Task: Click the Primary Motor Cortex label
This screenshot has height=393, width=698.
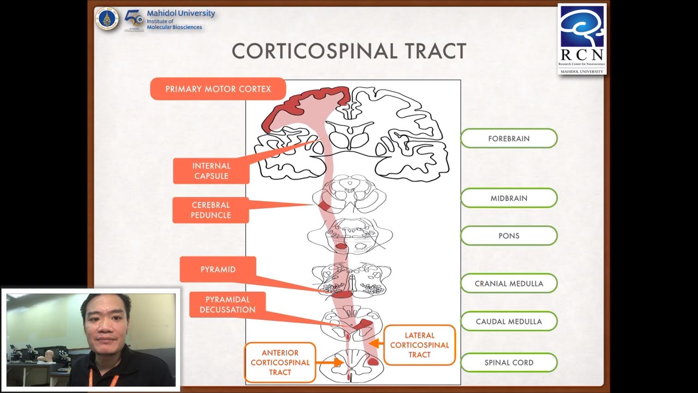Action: tap(218, 89)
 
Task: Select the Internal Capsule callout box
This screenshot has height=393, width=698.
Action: tap(211, 171)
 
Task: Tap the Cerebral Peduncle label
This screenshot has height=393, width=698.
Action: tap(210, 210)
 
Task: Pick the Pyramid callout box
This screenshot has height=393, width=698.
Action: tap(218, 270)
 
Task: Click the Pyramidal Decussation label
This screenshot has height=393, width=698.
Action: tap(227, 305)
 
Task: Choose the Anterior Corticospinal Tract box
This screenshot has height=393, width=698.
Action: tap(280, 362)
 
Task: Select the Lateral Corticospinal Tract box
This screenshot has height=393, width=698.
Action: tap(419, 345)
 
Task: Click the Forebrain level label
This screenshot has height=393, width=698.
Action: tap(509, 139)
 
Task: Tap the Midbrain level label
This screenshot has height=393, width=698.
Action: tap(509, 198)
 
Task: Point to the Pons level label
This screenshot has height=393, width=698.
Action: tap(509, 236)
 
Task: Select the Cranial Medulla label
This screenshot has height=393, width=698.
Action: tap(509, 283)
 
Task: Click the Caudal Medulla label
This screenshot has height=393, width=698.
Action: tap(509, 321)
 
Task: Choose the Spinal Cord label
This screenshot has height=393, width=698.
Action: tap(509, 362)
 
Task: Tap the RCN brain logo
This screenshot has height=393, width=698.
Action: tap(582, 27)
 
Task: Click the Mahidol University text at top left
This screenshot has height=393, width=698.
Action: tap(180, 14)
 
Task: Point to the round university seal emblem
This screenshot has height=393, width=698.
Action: tap(107, 19)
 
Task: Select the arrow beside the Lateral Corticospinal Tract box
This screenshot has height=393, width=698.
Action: tap(374, 343)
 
